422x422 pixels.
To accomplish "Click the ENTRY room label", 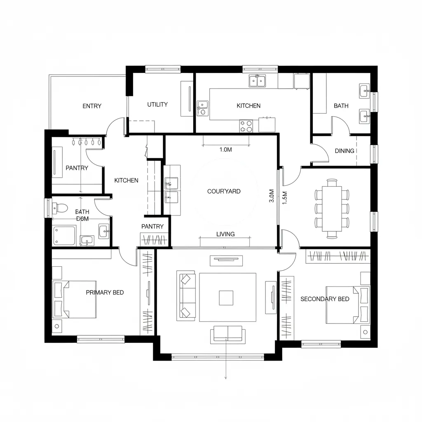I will pos(91,106).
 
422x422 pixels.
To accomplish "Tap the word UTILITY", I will pos(157,105).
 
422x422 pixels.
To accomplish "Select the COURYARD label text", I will pos(224,191).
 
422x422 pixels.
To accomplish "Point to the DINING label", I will pos(345,151).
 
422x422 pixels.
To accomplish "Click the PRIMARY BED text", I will pos(105,293).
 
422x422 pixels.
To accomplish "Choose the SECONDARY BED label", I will pos(325,299).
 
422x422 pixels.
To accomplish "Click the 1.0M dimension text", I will pos(226,150).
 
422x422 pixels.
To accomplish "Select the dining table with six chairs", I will pos(332,208).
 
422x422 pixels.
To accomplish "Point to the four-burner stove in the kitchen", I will pos(246,126).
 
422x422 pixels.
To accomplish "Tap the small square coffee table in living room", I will pos(226,298).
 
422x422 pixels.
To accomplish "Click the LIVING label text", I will pos(225,234).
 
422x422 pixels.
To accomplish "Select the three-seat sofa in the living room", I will pos(186,295).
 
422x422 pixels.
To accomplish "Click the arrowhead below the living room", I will pos(226,377).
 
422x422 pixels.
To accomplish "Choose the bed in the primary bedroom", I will pos(76,299).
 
